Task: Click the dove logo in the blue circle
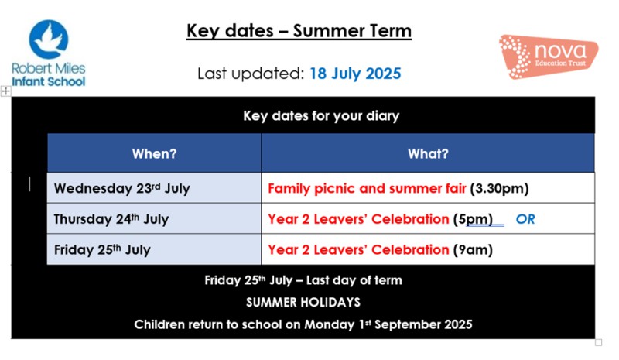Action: pos(49,39)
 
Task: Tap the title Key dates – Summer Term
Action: pos(299,31)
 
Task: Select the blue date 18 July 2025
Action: pos(355,74)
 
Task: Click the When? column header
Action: pos(154,154)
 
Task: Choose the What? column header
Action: pos(428,154)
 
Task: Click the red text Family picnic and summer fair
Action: pos(367,188)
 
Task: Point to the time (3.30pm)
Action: pos(499,188)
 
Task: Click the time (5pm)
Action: pos(473,219)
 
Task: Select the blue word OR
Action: pos(525,219)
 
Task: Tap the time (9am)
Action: pos(473,250)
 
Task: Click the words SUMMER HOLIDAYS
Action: pos(303,302)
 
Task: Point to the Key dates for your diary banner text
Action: pos(321,116)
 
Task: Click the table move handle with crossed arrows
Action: pos(5,91)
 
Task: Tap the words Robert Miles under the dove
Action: pos(49,68)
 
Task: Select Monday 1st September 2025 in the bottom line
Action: pos(388,324)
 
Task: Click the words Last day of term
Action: pos(354,280)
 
